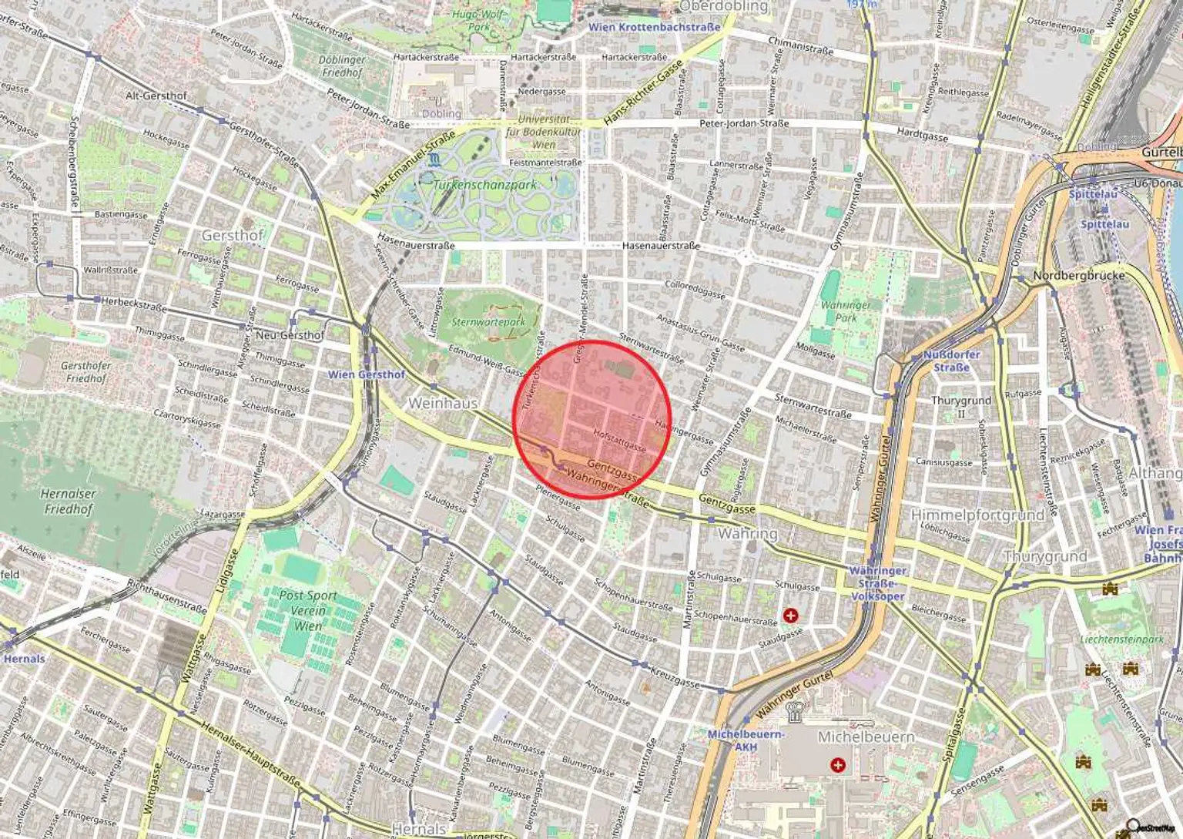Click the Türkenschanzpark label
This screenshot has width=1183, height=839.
[484, 185]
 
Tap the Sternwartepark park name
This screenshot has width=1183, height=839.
[488, 322]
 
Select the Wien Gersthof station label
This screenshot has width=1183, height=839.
[367, 374]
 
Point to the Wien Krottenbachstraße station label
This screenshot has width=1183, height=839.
[654, 27]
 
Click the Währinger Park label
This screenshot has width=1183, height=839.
[846, 311]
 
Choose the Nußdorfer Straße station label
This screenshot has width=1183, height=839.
[951, 361]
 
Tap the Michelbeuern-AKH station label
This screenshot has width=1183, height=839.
[745, 740]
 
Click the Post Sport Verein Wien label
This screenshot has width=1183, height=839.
[307, 610]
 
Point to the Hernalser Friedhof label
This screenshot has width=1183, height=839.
[69, 501]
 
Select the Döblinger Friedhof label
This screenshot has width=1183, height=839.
[342, 65]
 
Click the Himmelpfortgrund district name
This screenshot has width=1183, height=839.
[977, 515]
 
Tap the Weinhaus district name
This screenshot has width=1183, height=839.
[443, 403]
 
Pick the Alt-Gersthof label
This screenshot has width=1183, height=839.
[156, 96]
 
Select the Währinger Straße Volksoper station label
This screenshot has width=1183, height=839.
[877, 583]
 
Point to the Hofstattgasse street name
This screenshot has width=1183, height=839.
[619, 440]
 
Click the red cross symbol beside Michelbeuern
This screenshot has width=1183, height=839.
[838, 765]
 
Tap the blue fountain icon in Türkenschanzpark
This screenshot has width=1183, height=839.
[437, 160]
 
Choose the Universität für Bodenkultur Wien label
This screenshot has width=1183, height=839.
[544, 132]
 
